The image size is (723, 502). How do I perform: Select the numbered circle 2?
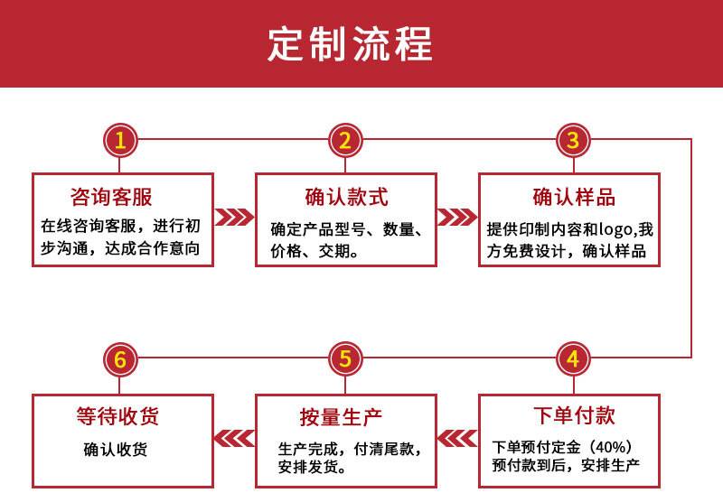345,140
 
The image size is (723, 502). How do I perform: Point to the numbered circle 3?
571,140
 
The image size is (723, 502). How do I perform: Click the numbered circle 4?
571,359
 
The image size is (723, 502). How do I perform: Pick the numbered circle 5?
345,359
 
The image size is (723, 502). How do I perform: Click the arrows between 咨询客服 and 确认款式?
234,218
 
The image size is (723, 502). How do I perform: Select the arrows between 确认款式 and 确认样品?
456,218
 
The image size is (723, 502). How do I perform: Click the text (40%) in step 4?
614,447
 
